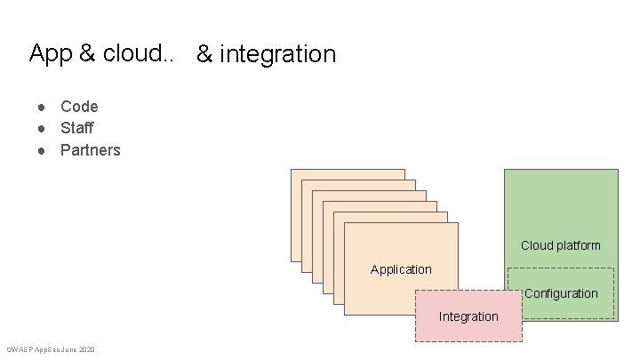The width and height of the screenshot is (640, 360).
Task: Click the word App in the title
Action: (x=51, y=53)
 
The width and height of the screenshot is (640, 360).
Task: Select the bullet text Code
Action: (x=79, y=107)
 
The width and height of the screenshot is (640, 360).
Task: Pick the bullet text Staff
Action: (x=76, y=128)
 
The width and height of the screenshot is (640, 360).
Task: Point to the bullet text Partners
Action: (x=90, y=150)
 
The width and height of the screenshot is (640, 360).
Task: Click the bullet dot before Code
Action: (x=41, y=108)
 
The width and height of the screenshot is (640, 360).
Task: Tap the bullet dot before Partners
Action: (x=41, y=150)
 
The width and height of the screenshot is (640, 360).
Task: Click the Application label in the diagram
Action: (x=401, y=269)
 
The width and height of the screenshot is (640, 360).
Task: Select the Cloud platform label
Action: (x=560, y=245)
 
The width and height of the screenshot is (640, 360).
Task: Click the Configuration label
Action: (x=561, y=293)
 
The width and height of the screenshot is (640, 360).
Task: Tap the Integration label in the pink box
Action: (x=468, y=316)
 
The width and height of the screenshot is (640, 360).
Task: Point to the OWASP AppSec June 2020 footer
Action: (x=51, y=349)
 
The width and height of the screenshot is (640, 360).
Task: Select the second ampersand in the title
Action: (x=204, y=54)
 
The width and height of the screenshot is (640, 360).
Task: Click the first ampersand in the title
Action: (x=87, y=53)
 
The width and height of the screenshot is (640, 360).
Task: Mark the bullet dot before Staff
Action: (x=41, y=129)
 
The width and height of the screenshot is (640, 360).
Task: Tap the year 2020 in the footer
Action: (x=86, y=349)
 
